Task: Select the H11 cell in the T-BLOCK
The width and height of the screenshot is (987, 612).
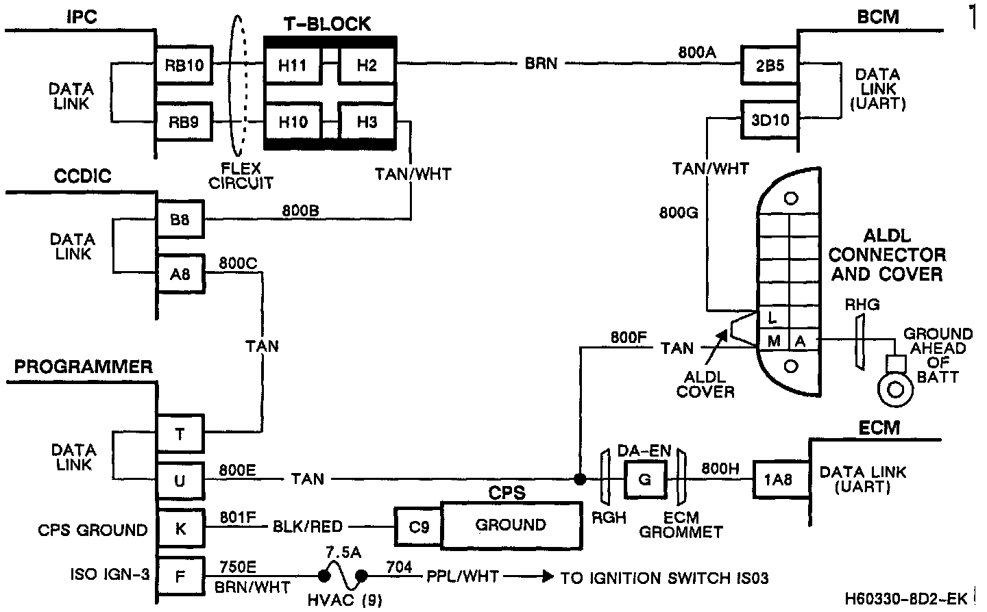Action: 293,66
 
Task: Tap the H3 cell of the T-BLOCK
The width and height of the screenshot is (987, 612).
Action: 367,123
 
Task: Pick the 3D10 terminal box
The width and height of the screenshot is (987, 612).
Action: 770,120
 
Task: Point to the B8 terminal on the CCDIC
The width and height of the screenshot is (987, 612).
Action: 181,220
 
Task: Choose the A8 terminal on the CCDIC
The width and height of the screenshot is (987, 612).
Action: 181,275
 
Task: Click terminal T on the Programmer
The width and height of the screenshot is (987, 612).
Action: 180,434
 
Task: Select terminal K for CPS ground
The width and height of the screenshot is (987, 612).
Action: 180,528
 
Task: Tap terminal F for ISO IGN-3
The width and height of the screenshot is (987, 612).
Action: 180,576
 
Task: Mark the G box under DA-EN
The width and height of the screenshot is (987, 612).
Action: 644,479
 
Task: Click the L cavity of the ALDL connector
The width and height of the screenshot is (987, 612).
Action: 773,318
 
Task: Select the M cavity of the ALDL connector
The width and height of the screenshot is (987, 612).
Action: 773,340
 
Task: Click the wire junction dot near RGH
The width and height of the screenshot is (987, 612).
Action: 580,479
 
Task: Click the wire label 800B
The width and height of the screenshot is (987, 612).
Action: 300,210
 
